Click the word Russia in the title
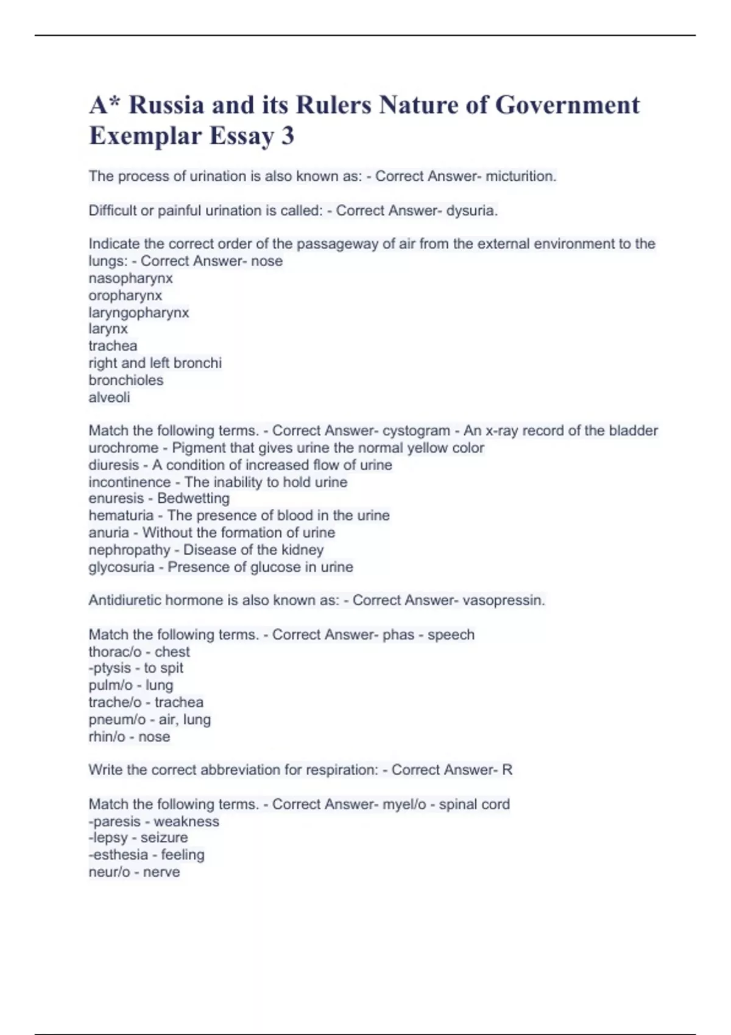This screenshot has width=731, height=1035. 166,105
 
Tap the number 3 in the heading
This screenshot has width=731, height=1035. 288,136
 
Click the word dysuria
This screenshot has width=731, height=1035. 471,211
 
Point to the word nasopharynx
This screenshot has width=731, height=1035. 130,278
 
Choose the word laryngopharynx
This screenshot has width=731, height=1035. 139,312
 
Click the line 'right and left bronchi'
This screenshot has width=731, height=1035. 155,363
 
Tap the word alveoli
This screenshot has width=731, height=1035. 109,397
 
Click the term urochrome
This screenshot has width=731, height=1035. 123,448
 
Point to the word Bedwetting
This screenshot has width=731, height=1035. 193,498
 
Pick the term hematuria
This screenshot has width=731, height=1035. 121,516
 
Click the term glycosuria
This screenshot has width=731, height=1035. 121,567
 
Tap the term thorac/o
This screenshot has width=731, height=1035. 115,651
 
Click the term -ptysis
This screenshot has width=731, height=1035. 110,668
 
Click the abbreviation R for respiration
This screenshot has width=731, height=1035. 507,770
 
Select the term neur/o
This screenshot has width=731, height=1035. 109,872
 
